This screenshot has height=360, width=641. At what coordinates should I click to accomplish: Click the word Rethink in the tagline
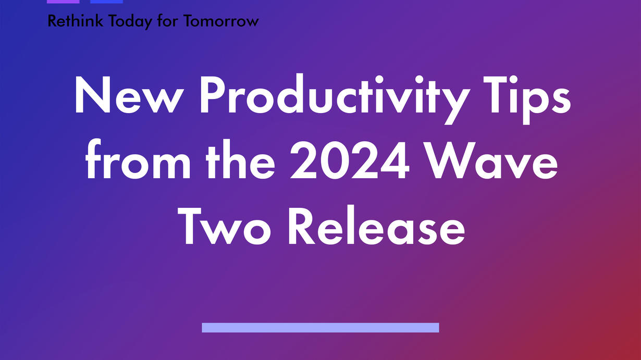coord(75,21)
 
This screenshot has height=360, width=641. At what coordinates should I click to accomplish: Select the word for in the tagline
coord(168,21)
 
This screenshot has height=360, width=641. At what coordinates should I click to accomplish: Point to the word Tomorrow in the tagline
coord(221,21)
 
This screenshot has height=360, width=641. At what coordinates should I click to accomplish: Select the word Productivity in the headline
coord(335,99)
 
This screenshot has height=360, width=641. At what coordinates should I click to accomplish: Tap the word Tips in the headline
coord(527,100)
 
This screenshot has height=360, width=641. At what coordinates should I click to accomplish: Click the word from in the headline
coord(138,159)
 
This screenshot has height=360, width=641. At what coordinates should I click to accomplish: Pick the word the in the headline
coord(240,159)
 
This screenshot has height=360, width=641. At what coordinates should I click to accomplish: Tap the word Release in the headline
coord(377,225)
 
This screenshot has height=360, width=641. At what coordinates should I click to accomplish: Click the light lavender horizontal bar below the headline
coord(320,328)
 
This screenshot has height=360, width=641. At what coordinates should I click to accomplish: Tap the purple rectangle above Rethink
coord(63,2)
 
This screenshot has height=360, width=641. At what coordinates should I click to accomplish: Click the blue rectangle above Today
coord(106,2)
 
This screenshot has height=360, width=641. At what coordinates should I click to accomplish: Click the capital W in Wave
coord(453,160)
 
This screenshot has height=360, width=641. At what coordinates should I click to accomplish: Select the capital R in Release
coord(302,226)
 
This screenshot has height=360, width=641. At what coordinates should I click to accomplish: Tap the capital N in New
coord(92,95)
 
